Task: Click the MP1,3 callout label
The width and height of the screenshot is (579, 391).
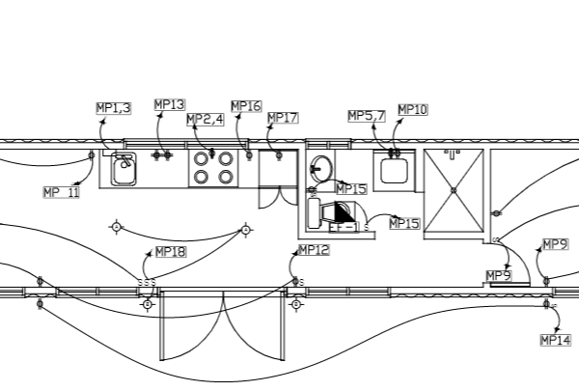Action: coord(114,108)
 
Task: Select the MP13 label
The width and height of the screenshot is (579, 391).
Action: coord(169,104)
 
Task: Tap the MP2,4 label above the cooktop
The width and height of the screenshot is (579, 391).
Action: coord(206,120)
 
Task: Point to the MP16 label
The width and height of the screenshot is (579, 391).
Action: coord(246,106)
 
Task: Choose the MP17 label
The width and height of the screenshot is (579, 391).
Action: coord(283,118)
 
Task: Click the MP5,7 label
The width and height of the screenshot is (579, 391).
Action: coord(367,116)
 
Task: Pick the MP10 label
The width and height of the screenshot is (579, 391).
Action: coord(412,110)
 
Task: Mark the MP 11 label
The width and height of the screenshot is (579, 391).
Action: coord(62,192)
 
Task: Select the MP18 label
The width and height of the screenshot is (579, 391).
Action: coord(170,252)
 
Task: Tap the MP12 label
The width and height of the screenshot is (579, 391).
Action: coord(314,250)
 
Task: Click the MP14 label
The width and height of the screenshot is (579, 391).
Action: coord(556,340)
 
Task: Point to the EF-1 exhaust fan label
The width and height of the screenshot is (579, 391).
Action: coord(344,228)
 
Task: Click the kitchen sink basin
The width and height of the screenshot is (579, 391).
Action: coord(123,170)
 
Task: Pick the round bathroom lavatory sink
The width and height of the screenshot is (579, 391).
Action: coord(321,169)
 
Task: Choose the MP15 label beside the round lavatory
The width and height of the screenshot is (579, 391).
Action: coord(350,189)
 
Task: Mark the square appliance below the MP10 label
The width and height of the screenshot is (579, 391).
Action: coord(394,172)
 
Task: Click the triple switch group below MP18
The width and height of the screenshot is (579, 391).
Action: coord(147,283)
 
